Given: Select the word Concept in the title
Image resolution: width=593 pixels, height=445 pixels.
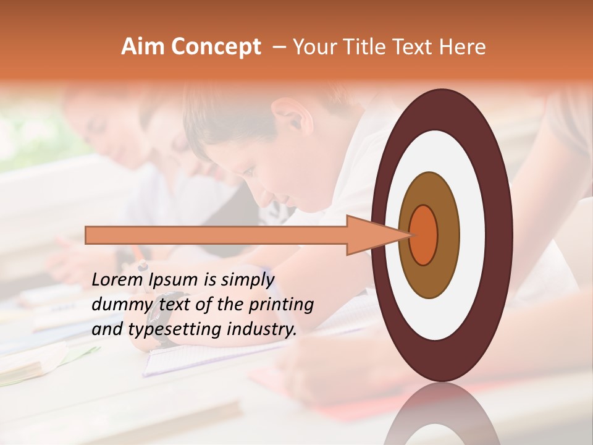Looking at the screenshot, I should pos(215,48).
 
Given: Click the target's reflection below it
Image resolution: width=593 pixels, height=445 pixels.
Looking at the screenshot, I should pos(441,414).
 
